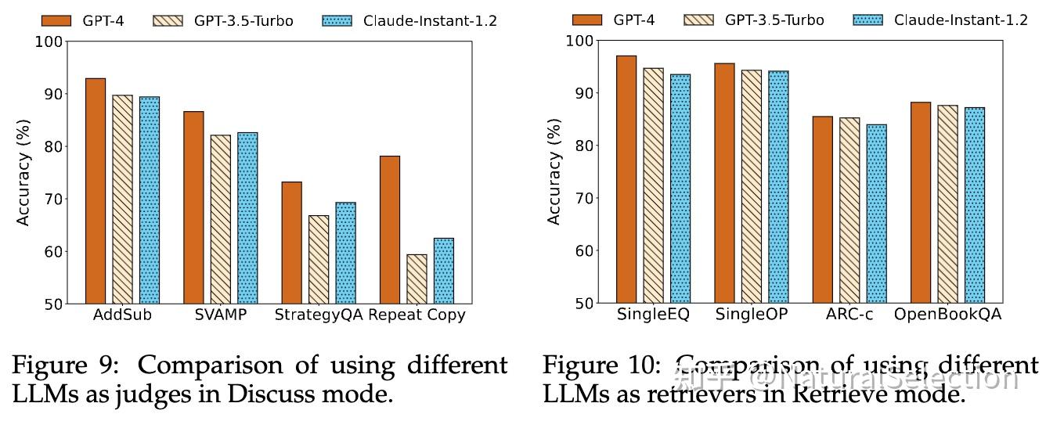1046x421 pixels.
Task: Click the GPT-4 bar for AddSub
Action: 96,191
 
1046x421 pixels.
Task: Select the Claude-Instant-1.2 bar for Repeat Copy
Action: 443,271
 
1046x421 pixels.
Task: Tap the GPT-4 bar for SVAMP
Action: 193,207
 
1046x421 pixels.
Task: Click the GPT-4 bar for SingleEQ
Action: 626,179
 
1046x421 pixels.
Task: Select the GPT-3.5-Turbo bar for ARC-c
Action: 849,210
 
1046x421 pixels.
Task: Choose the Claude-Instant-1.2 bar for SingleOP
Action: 778,187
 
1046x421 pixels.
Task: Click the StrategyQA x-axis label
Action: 318,315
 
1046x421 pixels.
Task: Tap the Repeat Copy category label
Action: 417,315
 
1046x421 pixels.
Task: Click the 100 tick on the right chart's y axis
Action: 582,40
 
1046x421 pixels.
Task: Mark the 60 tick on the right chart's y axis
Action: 586,250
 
